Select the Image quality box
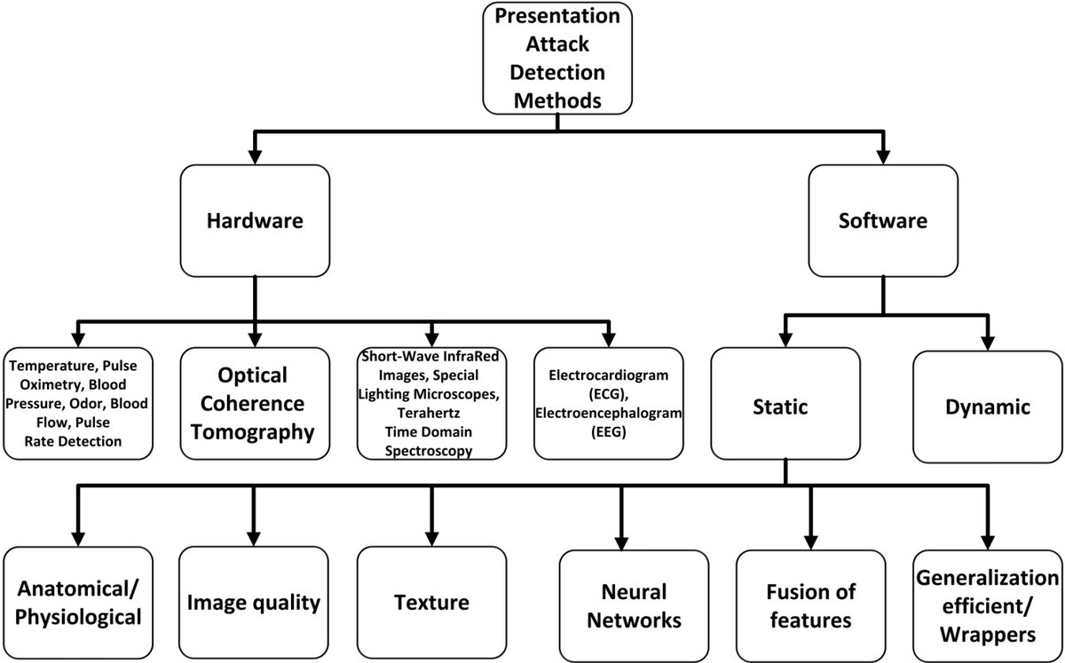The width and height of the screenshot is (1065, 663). coord(254,604)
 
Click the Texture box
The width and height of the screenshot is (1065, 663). coord(431,604)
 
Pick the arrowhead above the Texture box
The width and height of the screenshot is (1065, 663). coord(431,537)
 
